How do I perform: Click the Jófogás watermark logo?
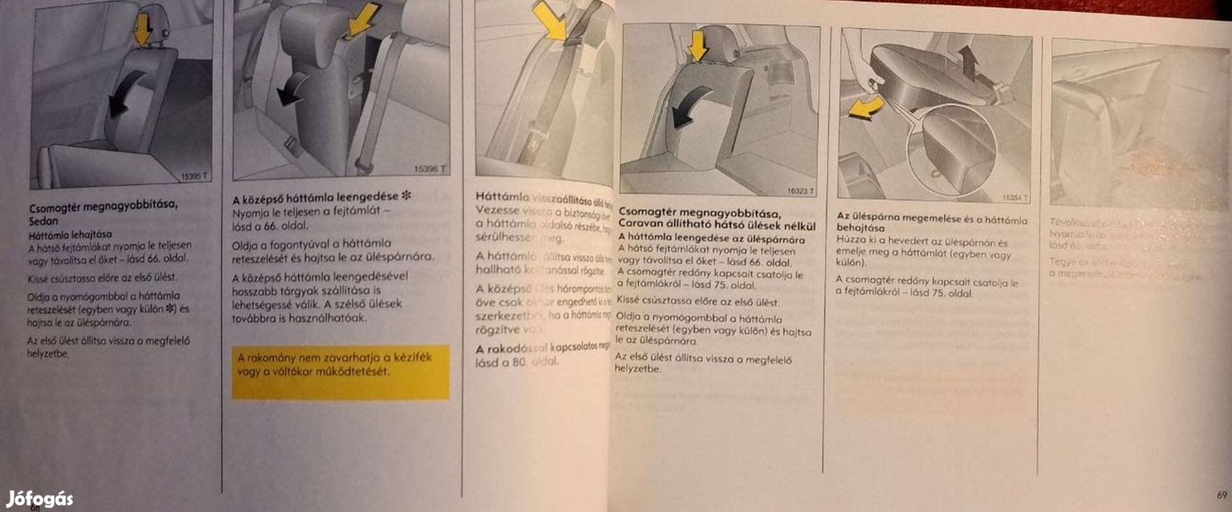click(x=40, y=499)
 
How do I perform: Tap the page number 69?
click(x=1221, y=495)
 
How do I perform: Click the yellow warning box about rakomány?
click(x=340, y=372)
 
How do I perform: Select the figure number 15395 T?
click(x=194, y=176)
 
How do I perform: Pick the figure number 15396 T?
click(x=429, y=169)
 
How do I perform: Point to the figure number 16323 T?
click(x=800, y=191)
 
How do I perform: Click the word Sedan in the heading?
click(x=43, y=221)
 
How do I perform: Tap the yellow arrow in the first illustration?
click(x=142, y=30)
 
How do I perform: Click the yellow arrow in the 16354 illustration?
click(x=866, y=107)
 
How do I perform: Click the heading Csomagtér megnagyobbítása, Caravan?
click(x=716, y=219)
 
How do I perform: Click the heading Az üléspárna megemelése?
click(x=930, y=222)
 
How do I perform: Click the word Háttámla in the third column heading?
click(x=502, y=196)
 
